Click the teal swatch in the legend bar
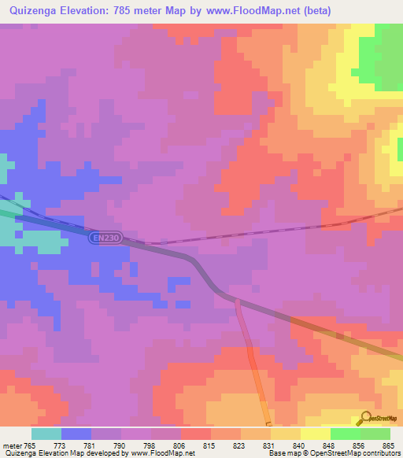coord(46,434)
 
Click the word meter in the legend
coord(12,445)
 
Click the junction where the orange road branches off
coord(237,300)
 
